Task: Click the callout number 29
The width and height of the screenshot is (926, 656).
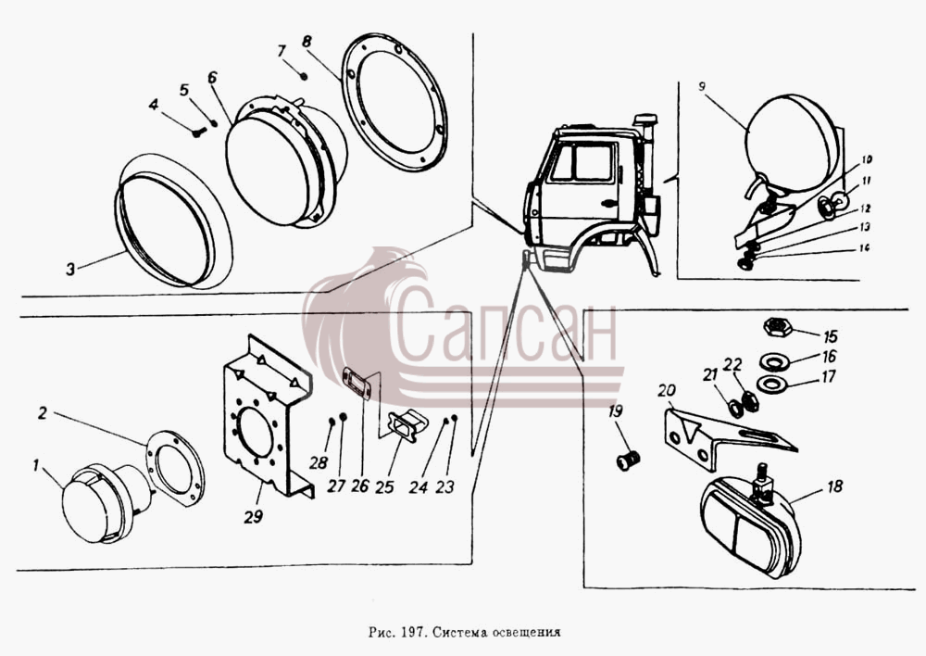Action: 254,516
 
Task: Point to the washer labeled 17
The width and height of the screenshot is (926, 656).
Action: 770,385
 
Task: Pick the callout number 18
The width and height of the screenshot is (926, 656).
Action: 835,487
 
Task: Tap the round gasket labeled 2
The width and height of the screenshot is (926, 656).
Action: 176,469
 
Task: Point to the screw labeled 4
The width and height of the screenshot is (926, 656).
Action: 198,133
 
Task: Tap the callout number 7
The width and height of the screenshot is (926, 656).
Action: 282,51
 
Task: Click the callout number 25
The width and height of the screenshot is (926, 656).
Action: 384,486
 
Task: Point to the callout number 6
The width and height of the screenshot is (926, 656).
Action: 213,78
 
